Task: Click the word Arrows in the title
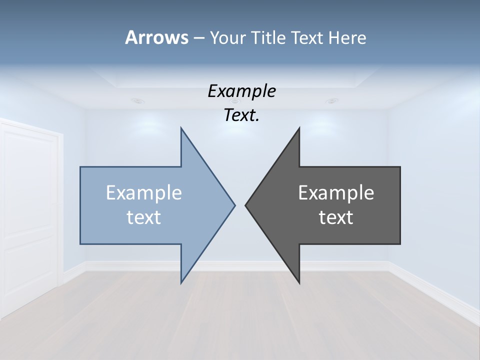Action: [156, 37]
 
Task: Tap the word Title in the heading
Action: [269, 37]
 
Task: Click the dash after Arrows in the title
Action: [198, 38]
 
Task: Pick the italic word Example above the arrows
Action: [241, 91]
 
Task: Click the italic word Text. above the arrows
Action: [241, 115]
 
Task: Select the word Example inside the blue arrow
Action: [144, 192]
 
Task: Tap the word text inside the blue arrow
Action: [144, 217]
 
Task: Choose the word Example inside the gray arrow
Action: [336, 192]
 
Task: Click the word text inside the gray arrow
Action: [336, 217]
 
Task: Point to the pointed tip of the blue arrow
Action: [234, 204]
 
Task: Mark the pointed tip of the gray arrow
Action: [246, 204]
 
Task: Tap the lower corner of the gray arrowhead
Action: [299, 282]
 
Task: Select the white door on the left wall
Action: [30, 215]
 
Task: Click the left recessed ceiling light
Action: [138, 100]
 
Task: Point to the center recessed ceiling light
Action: [235, 101]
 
